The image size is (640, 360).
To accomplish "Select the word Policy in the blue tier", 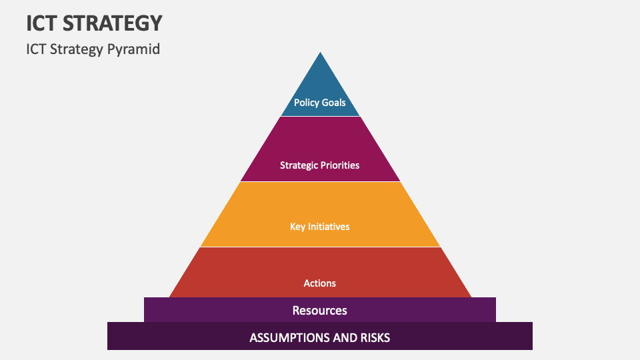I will click(307, 103).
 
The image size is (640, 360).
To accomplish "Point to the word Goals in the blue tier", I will click(333, 103).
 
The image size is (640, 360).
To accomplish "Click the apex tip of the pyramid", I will click(321, 53).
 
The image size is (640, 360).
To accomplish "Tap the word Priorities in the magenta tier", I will click(341, 165).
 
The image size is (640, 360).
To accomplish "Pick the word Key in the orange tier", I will click(297, 227).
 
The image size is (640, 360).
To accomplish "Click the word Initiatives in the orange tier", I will click(328, 227).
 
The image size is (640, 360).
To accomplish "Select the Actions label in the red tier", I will click(320, 283).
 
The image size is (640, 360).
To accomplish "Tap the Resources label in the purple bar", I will click(320, 311).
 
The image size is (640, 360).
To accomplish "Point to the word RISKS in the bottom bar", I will click(373, 337).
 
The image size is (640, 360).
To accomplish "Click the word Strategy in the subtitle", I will click(77, 49).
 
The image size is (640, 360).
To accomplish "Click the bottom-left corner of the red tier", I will click(170, 297).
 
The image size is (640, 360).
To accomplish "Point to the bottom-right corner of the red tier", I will click(471, 297).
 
